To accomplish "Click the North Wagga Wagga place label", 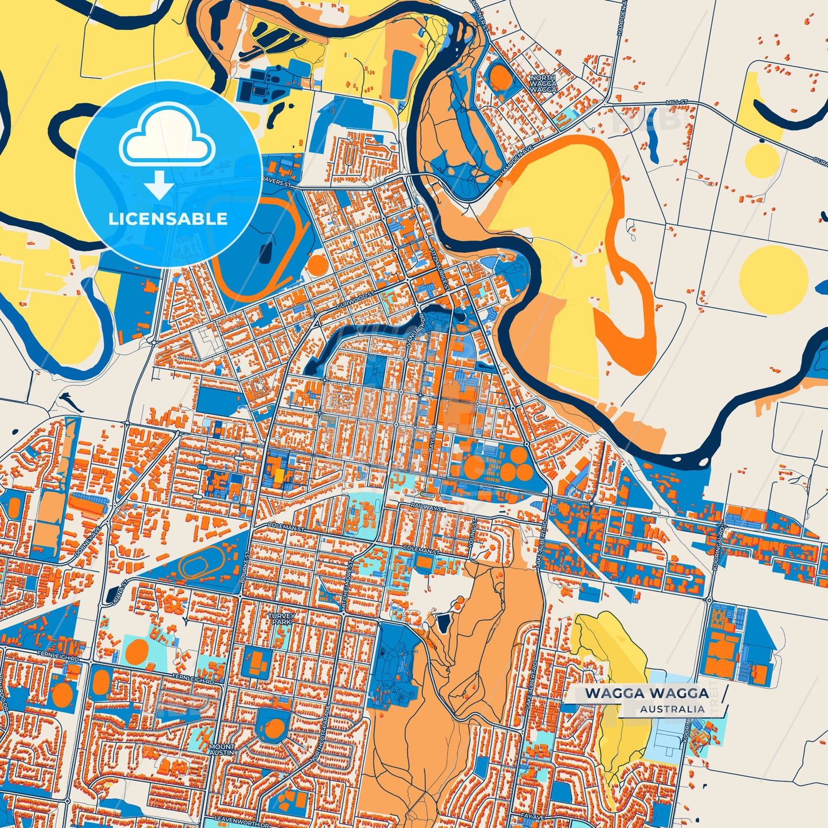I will coord(543,84).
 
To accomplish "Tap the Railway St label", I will coord(427,507).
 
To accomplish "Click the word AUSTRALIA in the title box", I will coord(672,709).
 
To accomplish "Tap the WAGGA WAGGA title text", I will coord(646,693).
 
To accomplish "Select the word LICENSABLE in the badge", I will coord(168,219).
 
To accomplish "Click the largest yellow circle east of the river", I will coord(773,280).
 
